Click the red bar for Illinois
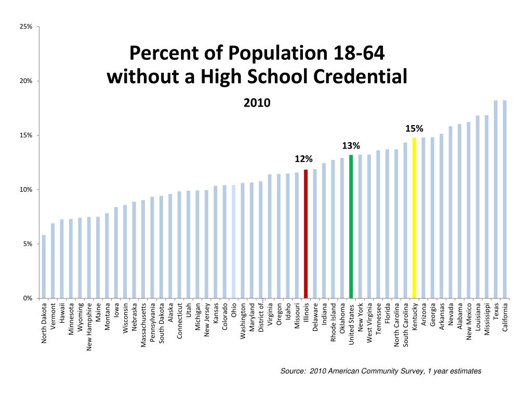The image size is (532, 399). pos(306,234)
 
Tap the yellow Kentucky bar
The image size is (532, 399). pos(414,218)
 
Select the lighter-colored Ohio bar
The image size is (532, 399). pos(234,242)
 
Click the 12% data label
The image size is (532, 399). pos(304,158)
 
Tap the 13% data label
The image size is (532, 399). pos(351,145)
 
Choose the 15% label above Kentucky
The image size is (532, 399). pos(415,128)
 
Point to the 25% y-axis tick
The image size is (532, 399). pos(26,26)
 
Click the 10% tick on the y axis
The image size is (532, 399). pos(26,190)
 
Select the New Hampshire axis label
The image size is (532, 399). pos(89,327)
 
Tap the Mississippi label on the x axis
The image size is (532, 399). pos(487,319)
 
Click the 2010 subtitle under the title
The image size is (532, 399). pos(257,103)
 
